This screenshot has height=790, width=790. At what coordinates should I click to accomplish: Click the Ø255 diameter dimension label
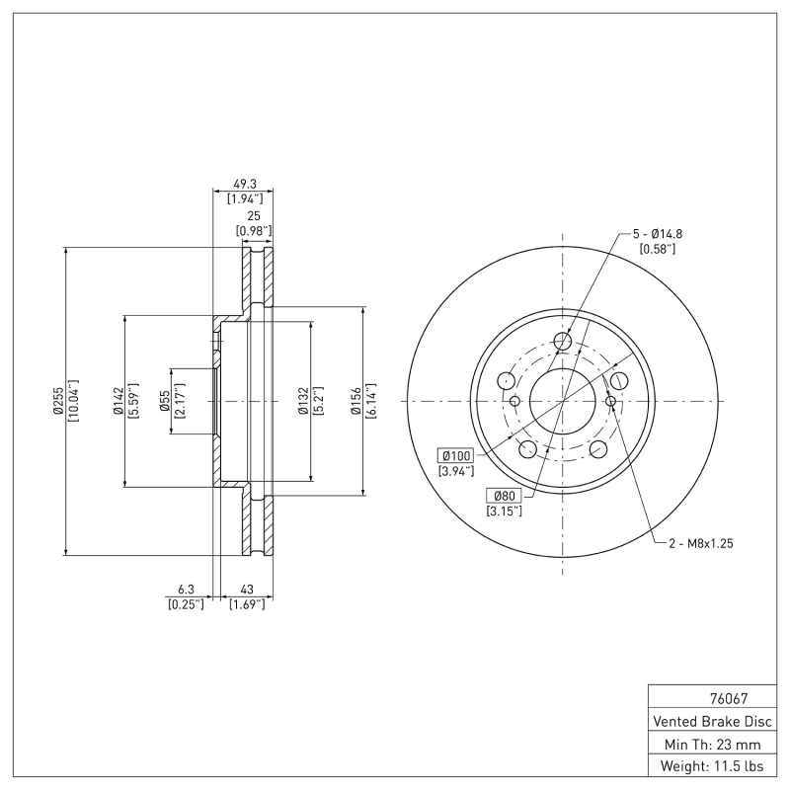point(58,402)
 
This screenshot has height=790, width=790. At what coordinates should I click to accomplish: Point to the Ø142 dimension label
point(118,402)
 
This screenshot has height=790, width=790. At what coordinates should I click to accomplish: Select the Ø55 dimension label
point(165,402)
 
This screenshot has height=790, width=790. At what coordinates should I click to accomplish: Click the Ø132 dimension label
point(304,402)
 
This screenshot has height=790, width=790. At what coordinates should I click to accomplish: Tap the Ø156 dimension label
point(357,402)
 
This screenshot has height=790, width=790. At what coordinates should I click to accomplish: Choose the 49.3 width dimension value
point(243,184)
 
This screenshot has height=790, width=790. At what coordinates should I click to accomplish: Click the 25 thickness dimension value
point(253,216)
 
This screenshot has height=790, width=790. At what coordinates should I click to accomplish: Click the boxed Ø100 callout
point(457,455)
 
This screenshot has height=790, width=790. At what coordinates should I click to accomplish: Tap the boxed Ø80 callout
point(503,496)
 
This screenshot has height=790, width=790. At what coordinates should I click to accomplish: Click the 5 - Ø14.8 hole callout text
point(658,234)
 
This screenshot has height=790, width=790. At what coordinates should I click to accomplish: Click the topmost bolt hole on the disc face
point(563,342)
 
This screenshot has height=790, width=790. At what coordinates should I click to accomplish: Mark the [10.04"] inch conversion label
point(73,402)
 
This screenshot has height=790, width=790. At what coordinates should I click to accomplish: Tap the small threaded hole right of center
point(610,401)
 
